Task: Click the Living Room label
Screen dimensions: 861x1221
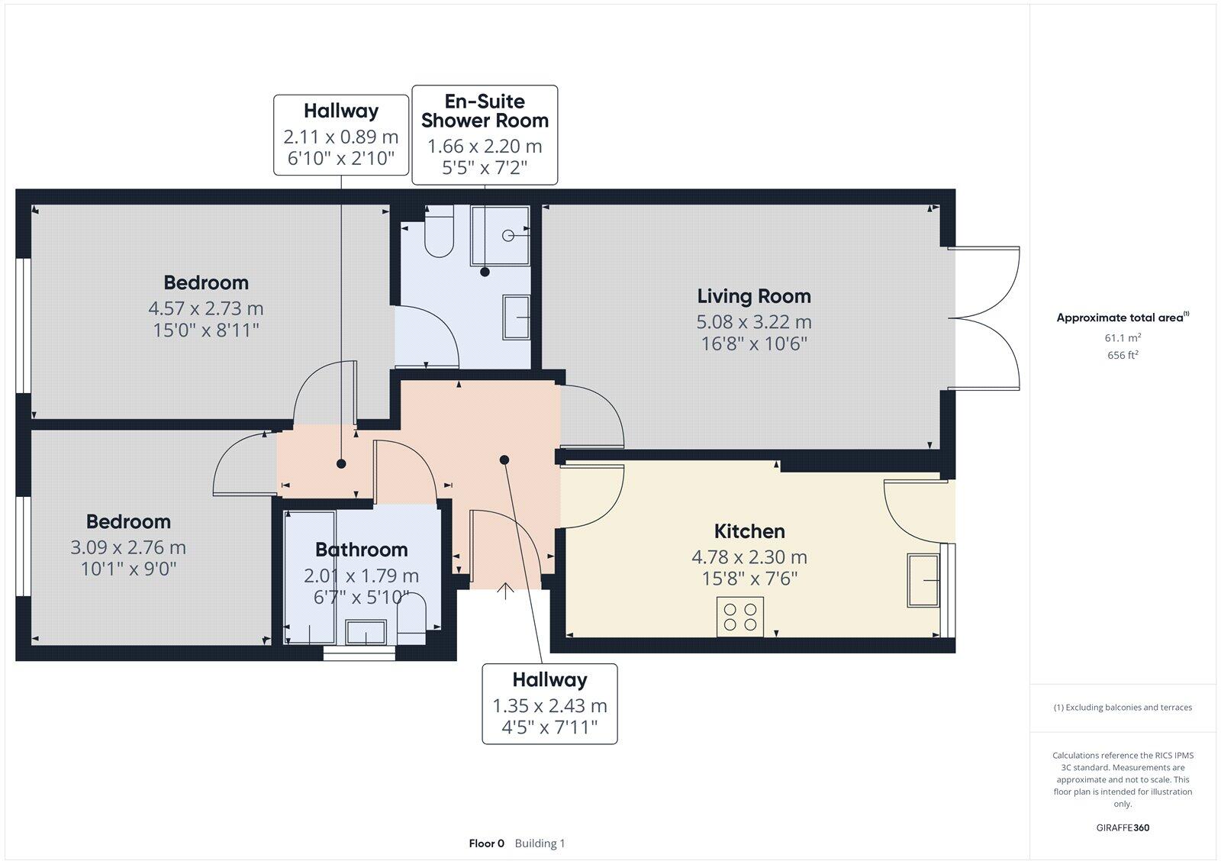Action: pos(753,296)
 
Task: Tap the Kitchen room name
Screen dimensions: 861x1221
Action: pos(749,531)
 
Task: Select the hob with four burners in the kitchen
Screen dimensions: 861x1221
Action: pos(740,617)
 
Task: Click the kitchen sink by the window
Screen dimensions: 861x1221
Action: pos(923,581)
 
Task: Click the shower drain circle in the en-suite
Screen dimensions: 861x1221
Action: pos(508,236)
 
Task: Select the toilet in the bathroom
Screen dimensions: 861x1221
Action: pos(411,617)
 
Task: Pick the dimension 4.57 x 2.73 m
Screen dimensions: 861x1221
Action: pos(206,309)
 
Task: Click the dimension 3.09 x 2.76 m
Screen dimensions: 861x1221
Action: pos(128,547)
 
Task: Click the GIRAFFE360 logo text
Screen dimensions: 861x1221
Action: pos(1123,827)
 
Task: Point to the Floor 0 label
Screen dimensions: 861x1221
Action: pos(486,843)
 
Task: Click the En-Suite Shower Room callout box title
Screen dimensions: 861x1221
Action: pos(485,111)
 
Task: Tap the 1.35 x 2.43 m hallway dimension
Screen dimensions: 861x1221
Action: pos(549,706)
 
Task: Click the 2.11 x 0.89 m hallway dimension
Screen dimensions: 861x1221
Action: pos(341,137)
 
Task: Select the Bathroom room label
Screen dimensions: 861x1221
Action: pos(361,550)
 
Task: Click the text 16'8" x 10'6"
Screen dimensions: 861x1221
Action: pos(753,343)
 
